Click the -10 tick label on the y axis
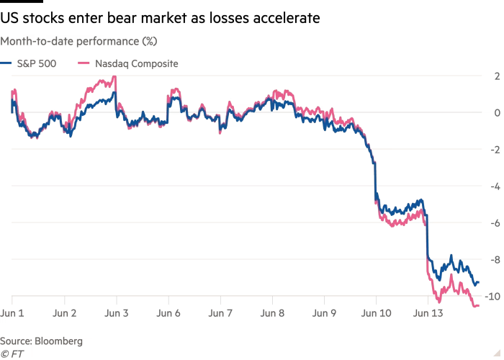click(493, 296)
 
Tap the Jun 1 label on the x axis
click(12, 314)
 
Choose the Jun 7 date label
click(220, 314)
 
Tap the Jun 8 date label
click(271, 314)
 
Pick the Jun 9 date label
click(323, 314)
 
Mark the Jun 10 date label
click(375, 314)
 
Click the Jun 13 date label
click(427, 314)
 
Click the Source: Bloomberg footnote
click(41, 341)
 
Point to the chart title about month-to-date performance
click(78, 41)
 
